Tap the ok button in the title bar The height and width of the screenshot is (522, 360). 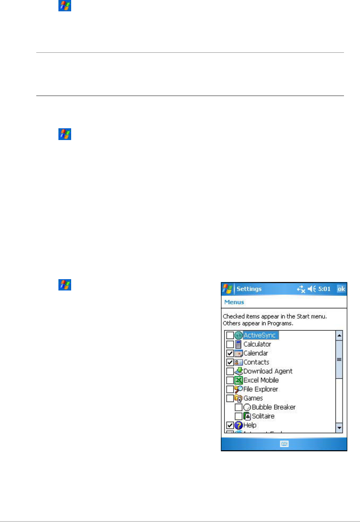(342, 289)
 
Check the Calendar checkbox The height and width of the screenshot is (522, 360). (230, 353)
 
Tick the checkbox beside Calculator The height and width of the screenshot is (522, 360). (230, 344)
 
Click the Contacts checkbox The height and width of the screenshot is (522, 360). (230, 362)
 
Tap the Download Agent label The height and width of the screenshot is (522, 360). (268, 371)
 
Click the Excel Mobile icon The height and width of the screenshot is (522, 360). (238, 380)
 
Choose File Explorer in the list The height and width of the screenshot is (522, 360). (261, 389)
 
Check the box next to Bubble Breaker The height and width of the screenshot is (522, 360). (238, 407)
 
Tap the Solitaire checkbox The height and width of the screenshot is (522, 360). (238, 416)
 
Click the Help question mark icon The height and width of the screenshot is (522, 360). (238, 425)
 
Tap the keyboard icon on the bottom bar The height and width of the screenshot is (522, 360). (284, 444)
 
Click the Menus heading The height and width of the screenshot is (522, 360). (234, 302)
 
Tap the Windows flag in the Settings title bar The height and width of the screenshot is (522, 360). (228, 289)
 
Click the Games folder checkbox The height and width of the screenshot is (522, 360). (230, 398)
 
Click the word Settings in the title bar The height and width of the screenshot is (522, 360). (249, 289)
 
